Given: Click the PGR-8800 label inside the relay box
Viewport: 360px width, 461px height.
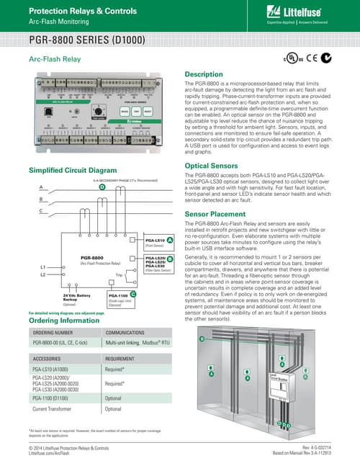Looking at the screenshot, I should click(x=94, y=257).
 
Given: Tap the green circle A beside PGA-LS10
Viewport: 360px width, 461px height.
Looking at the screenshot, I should click(x=168, y=238).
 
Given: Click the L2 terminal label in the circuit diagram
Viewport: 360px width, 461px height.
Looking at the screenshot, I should click(x=43, y=274).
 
